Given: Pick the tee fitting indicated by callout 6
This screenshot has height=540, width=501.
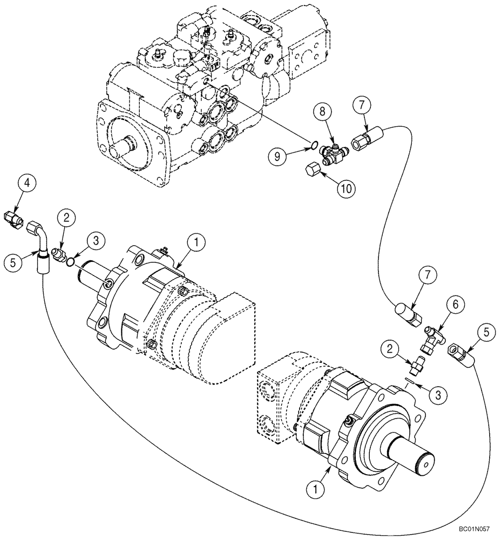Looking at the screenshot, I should [434, 335].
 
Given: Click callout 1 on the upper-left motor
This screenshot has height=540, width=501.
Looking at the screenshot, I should [197, 244].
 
